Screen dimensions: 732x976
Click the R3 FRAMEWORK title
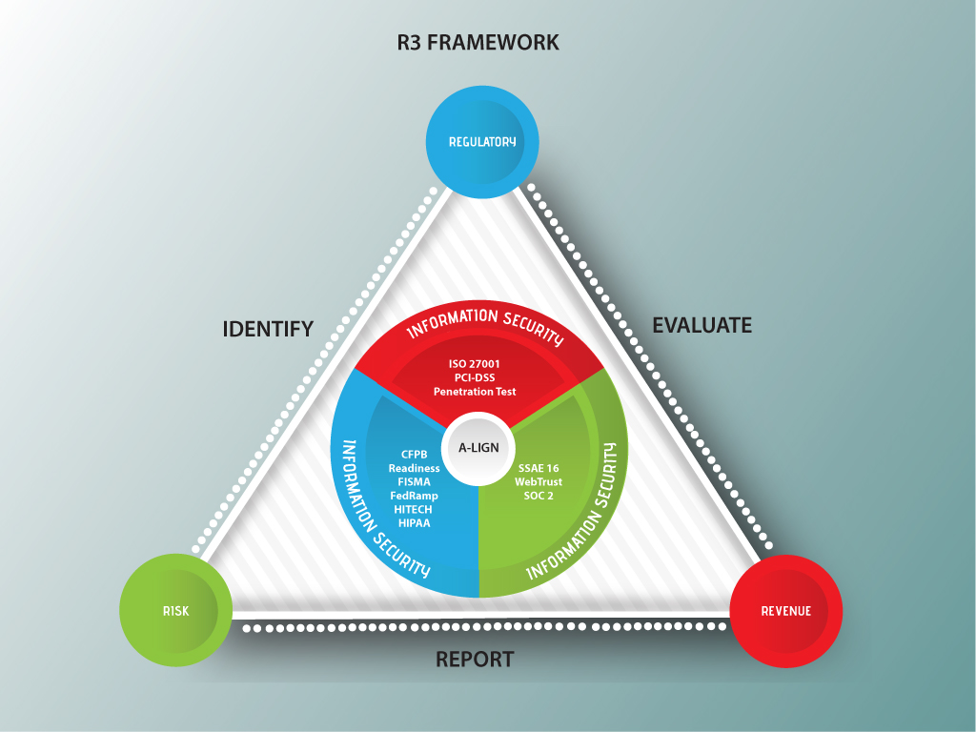point(478,43)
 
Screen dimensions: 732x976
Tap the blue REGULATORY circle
point(482,142)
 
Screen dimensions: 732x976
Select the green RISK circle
point(175,611)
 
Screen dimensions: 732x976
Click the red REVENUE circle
point(785,611)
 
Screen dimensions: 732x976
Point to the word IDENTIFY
point(268,330)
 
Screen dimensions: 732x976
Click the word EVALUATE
point(701,325)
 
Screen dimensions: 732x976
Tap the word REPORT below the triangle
point(475,660)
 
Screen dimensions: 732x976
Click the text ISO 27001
point(475,363)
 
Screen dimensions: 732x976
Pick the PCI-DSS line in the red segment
point(475,377)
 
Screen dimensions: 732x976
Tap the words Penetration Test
point(475,392)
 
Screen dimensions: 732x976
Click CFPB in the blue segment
point(414,455)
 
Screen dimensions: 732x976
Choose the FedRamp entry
point(414,496)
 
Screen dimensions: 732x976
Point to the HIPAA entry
point(414,523)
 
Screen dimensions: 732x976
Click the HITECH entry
point(414,510)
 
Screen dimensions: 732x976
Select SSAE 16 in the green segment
point(539,468)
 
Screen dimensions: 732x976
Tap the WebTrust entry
point(539,482)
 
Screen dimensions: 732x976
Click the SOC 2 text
point(539,496)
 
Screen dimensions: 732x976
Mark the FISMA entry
point(414,482)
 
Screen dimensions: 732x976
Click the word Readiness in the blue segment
point(414,468)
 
